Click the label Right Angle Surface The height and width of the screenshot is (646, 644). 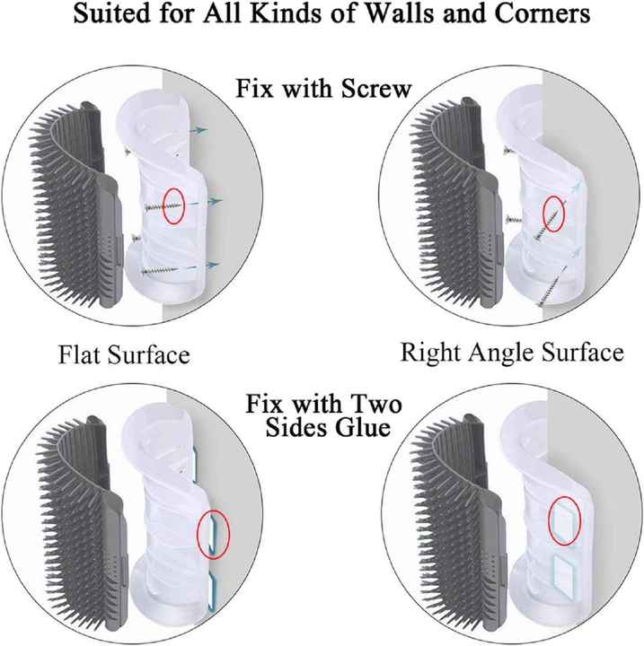click(x=512, y=351)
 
